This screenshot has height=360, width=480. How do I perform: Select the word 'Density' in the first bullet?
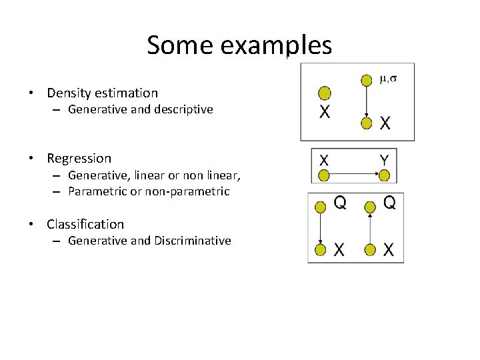[x=69, y=93]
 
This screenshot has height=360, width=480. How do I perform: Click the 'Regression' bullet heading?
[x=79, y=159]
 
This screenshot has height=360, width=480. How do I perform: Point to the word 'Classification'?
[x=85, y=225]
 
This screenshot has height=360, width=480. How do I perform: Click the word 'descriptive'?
[x=185, y=109]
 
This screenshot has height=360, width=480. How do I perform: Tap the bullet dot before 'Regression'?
[x=31, y=159]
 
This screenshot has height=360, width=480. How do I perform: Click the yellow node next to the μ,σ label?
[x=366, y=81]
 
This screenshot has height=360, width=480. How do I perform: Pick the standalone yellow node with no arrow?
[x=325, y=93]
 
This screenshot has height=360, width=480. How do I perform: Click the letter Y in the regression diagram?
[x=384, y=160]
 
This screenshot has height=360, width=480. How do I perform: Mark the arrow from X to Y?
[x=354, y=176]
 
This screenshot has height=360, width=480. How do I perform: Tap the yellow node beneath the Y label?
[x=384, y=176]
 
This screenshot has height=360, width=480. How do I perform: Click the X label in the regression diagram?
[x=324, y=160]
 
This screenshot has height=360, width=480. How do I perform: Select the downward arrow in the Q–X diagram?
[x=321, y=227]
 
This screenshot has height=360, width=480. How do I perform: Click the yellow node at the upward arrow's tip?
[x=370, y=206]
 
